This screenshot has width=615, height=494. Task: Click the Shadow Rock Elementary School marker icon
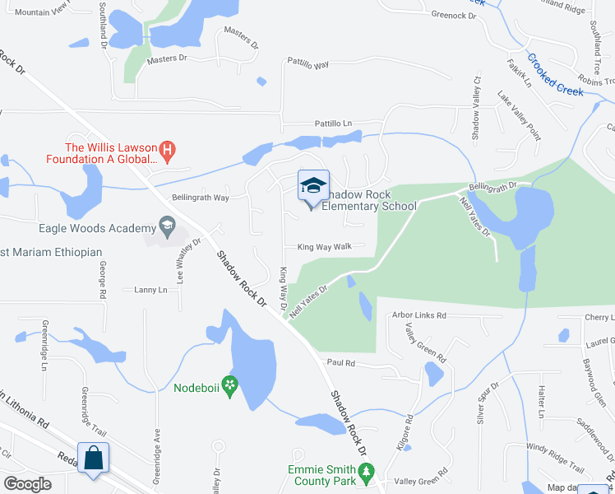pyautogui.click(x=312, y=187)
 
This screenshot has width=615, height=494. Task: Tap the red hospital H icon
pyautogui.click(x=168, y=151)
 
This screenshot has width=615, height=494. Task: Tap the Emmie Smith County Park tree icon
pyautogui.click(x=368, y=473)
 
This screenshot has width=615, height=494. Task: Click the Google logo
pyautogui.click(x=27, y=484)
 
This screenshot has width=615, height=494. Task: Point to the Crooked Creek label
pyautogui.click(x=556, y=75)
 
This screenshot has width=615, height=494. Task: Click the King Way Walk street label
pyautogui.click(x=324, y=246)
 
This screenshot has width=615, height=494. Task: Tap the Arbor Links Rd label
pyautogui.click(x=418, y=315)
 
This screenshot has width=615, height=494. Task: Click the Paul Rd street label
pyautogui.click(x=340, y=362)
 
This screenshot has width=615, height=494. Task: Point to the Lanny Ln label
pyautogui.click(x=150, y=290)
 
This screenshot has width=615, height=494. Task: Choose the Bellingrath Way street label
pyautogui.click(x=200, y=198)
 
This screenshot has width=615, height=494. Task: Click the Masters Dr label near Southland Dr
pyautogui.click(x=167, y=59)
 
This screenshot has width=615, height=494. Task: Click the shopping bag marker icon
pyautogui.click(x=94, y=458)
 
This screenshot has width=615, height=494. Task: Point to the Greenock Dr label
pyautogui.click(x=454, y=15)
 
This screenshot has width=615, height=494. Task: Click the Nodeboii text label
pyautogui.click(x=197, y=386)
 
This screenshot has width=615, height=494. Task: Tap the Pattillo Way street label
pyautogui.click(x=308, y=63)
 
